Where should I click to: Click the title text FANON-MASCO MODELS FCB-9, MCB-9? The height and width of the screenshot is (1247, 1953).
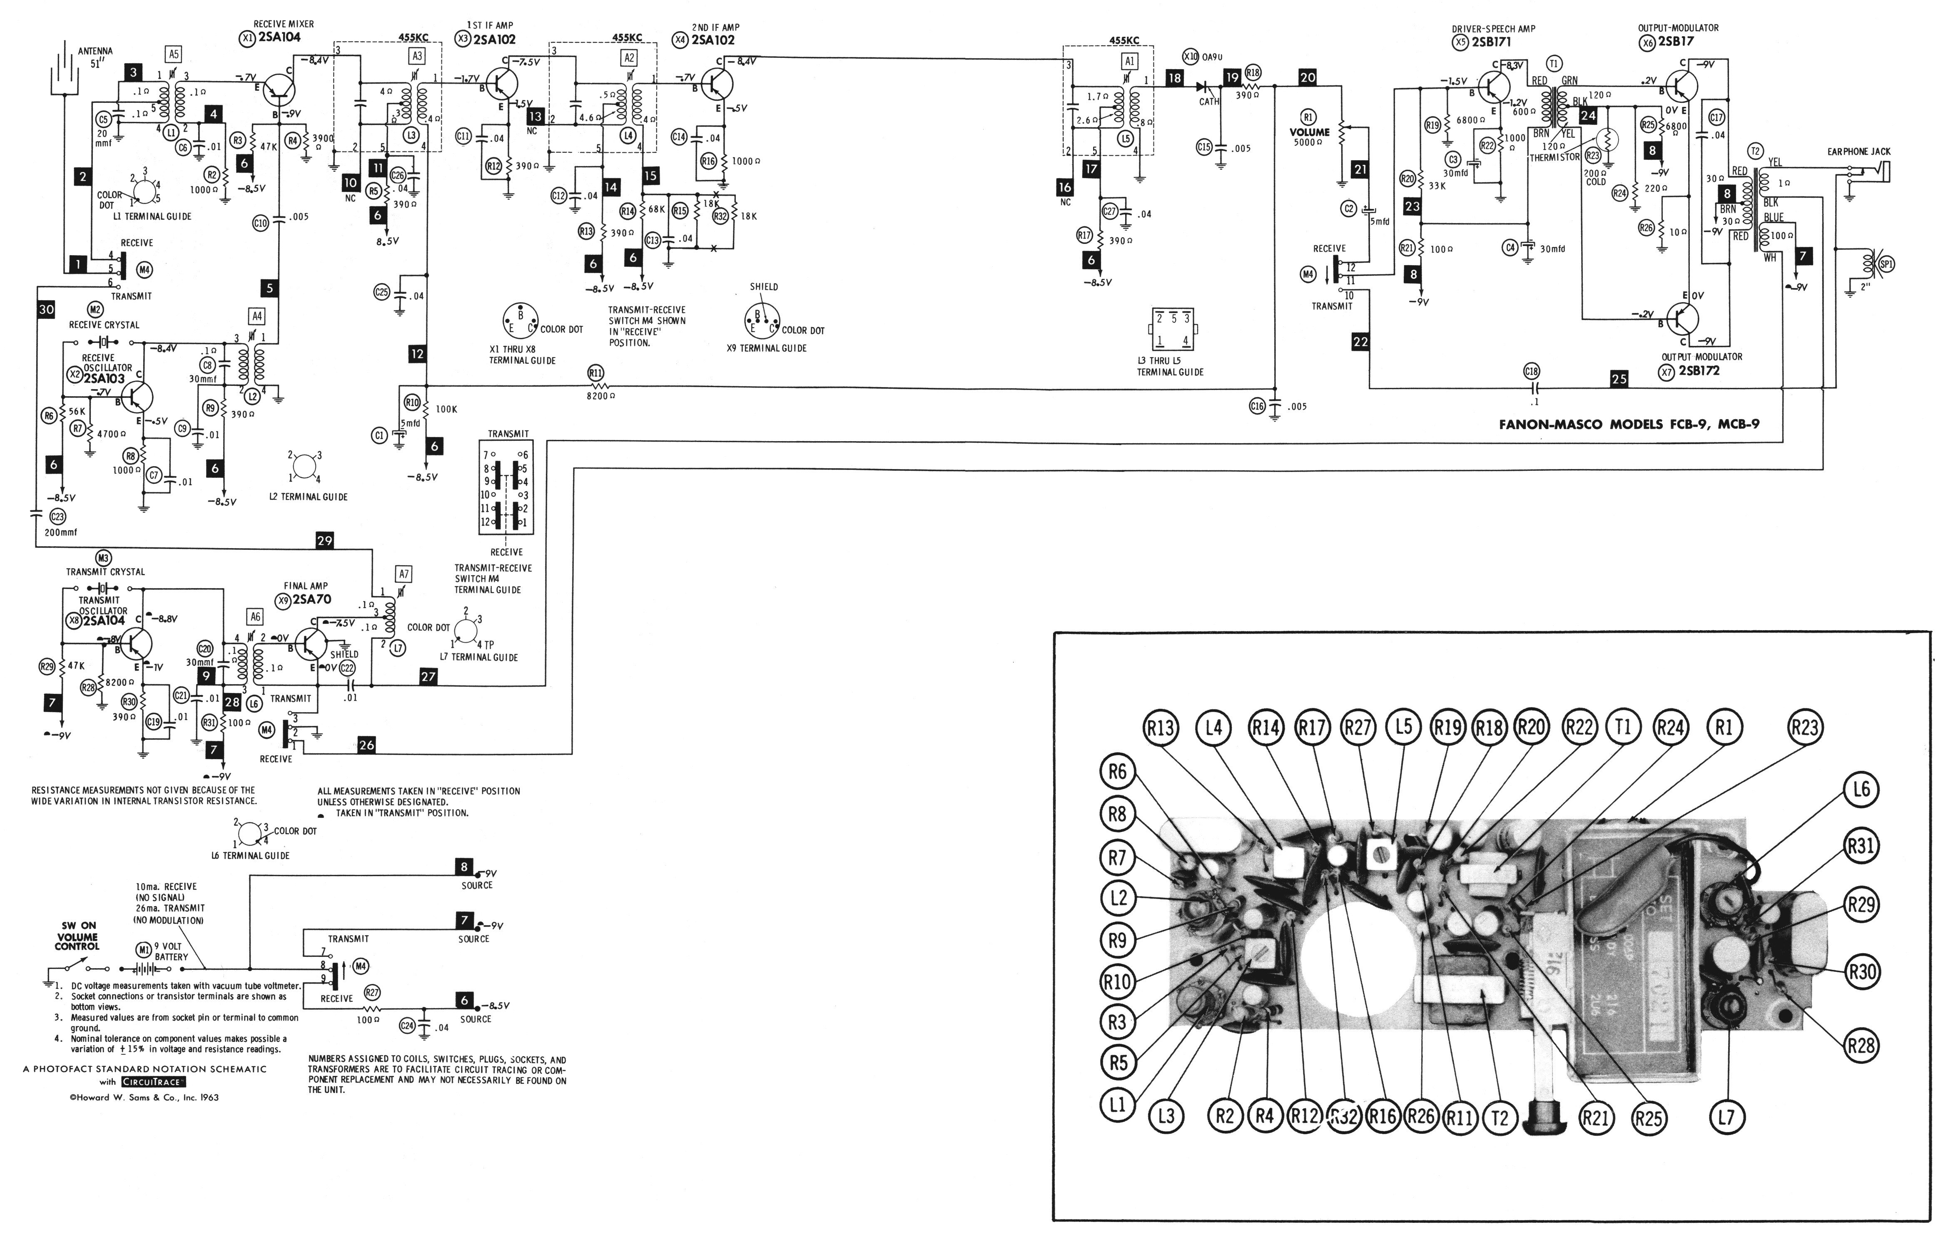[x=1629, y=424]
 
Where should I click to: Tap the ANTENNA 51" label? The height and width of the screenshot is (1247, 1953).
[x=95, y=57]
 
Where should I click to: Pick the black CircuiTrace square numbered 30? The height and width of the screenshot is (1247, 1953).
[x=46, y=309]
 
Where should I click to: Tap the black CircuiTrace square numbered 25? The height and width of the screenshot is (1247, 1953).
[x=1619, y=379]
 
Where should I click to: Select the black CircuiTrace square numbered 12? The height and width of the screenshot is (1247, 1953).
[x=417, y=353]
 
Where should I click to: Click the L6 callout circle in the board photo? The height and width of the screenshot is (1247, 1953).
[x=1861, y=789]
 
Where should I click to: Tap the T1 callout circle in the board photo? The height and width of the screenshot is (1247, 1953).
[x=1622, y=727]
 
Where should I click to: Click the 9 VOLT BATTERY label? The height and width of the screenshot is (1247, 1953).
[x=171, y=951]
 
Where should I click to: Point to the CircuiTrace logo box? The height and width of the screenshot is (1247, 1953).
[x=153, y=1082]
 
